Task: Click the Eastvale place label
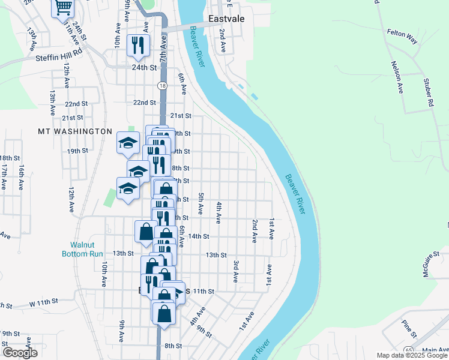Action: click(226, 19)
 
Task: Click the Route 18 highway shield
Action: click(162, 86)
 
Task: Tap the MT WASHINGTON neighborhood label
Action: click(75, 131)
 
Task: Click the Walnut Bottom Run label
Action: click(83, 249)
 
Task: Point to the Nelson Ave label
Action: click(397, 77)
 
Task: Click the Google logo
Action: click(20, 353)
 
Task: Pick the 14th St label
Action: click(198, 236)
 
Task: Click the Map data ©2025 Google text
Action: click(412, 355)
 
